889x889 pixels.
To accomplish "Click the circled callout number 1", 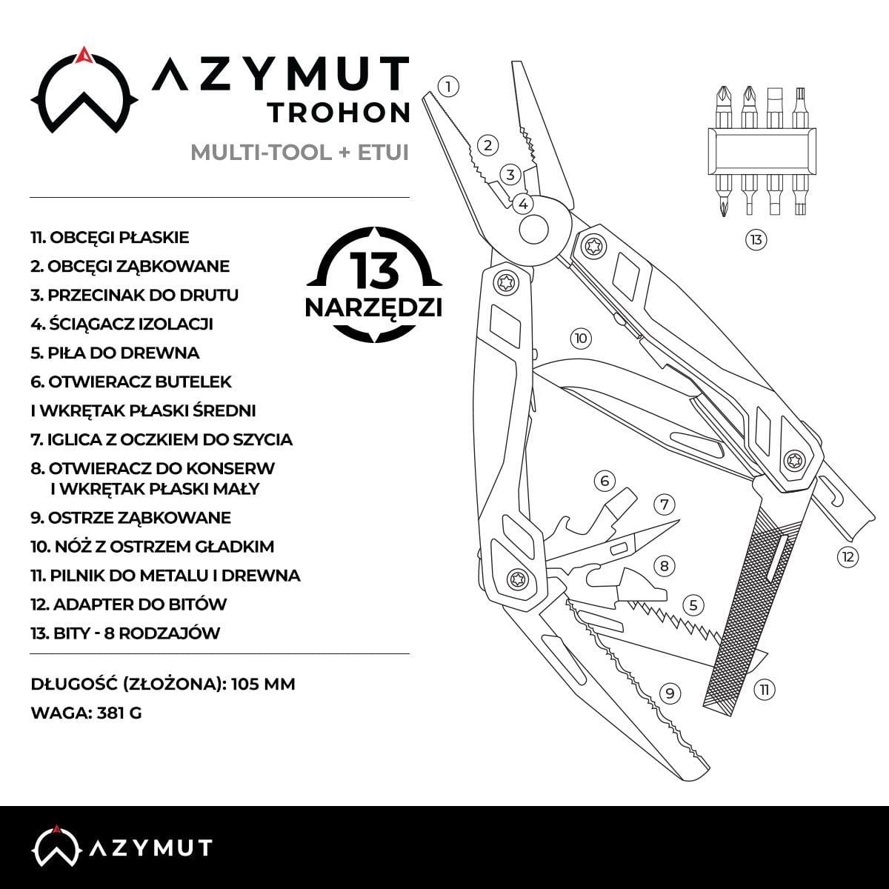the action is (x=448, y=86).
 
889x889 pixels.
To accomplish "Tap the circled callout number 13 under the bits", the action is (x=756, y=239).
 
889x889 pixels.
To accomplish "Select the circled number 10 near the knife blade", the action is (x=581, y=338).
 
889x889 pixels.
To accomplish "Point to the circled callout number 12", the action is (x=848, y=557).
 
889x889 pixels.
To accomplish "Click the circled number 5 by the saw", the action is (x=693, y=605).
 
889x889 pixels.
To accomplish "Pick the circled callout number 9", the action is (x=670, y=693).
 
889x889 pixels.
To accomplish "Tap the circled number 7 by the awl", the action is (x=664, y=505).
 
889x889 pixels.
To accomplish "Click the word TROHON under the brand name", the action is (x=339, y=113).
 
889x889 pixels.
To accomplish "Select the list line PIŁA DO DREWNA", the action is (x=115, y=353).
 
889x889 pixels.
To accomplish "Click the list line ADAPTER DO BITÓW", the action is (x=129, y=605).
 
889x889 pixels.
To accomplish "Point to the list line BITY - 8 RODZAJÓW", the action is (x=125, y=633).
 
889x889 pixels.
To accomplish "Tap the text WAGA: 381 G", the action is (x=86, y=713).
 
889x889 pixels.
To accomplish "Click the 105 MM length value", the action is (x=263, y=684).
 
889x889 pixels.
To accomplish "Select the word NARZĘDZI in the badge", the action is (x=373, y=307).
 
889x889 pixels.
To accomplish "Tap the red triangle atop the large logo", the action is (x=83, y=54).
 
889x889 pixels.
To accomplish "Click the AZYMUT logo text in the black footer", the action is (x=150, y=848).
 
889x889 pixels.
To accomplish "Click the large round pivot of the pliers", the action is (x=535, y=229).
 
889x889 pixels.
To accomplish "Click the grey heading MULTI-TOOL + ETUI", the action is (x=300, y=153).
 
